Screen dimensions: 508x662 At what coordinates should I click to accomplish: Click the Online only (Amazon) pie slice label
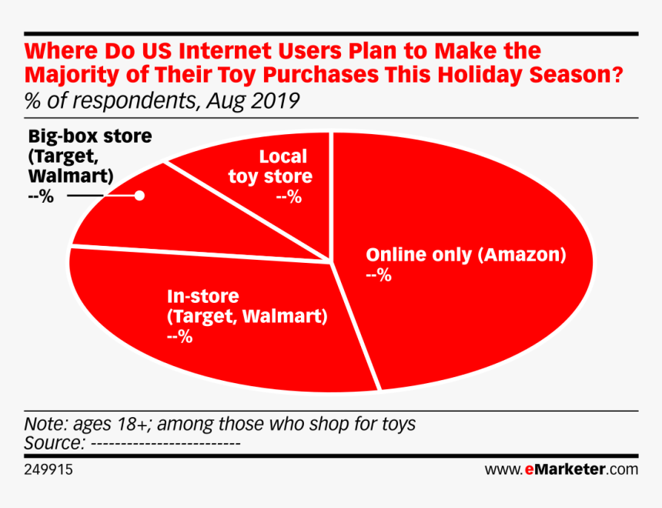(465, 255)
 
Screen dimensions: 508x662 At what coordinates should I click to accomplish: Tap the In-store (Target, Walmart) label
(246, 306)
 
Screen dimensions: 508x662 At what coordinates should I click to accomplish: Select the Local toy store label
(270, 167)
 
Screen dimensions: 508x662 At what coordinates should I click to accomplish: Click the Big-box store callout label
(89, 156)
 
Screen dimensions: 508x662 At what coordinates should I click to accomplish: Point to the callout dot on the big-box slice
(139, 196)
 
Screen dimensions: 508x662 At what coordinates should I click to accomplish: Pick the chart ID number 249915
(48, 469)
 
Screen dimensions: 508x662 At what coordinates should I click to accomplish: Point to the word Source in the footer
(53, 443)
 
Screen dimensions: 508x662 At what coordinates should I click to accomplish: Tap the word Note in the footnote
(45, 424)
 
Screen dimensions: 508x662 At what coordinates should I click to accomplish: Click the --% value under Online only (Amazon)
(379, 275)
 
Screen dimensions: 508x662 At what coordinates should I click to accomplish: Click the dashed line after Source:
(166, 444)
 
